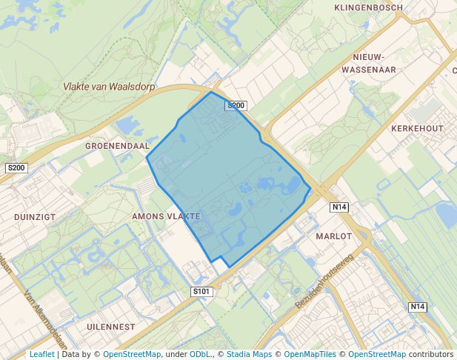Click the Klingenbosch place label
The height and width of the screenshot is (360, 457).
pyautogui.click(x=368, y=7)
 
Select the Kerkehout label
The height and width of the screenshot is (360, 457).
pyautogui.click(x=416, y=128)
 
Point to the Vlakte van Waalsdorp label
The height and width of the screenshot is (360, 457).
pyautogui.click(x=109, y=86)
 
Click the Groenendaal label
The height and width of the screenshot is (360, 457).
pyautogui.click(x=118, y=146)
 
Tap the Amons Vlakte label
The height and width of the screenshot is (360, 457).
pyautogui.click(x=166, y=216)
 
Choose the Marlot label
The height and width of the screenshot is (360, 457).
pyautogui.click(x=333, y=236)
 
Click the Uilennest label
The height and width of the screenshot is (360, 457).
pyautogui.click(x=110, y=326)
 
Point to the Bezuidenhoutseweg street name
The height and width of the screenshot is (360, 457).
pyautogui.click(x=325, y=281)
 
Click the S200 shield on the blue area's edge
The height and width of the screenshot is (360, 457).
pyautogui.click(x=236, y=106)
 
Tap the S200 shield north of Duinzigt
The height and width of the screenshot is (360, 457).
pyautogui.click(x=16, y=168)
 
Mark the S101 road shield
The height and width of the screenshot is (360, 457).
pyautogui.click(x=201, y=292)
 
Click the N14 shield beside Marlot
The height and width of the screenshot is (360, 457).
pyautogui.click(x=339, y=207)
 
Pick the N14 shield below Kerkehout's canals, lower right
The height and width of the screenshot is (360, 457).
pyautogui.click(x=418, y=307)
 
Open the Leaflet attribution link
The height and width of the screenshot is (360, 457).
pyautogui.click(x=41, y=354)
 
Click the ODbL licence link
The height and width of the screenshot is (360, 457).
pyautogui.click(x=200, y=354)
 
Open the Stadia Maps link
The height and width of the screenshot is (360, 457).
pyautogui.click(x=247, y=354)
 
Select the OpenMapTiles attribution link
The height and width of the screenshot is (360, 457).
pyautogui.click(x=311, y=354)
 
